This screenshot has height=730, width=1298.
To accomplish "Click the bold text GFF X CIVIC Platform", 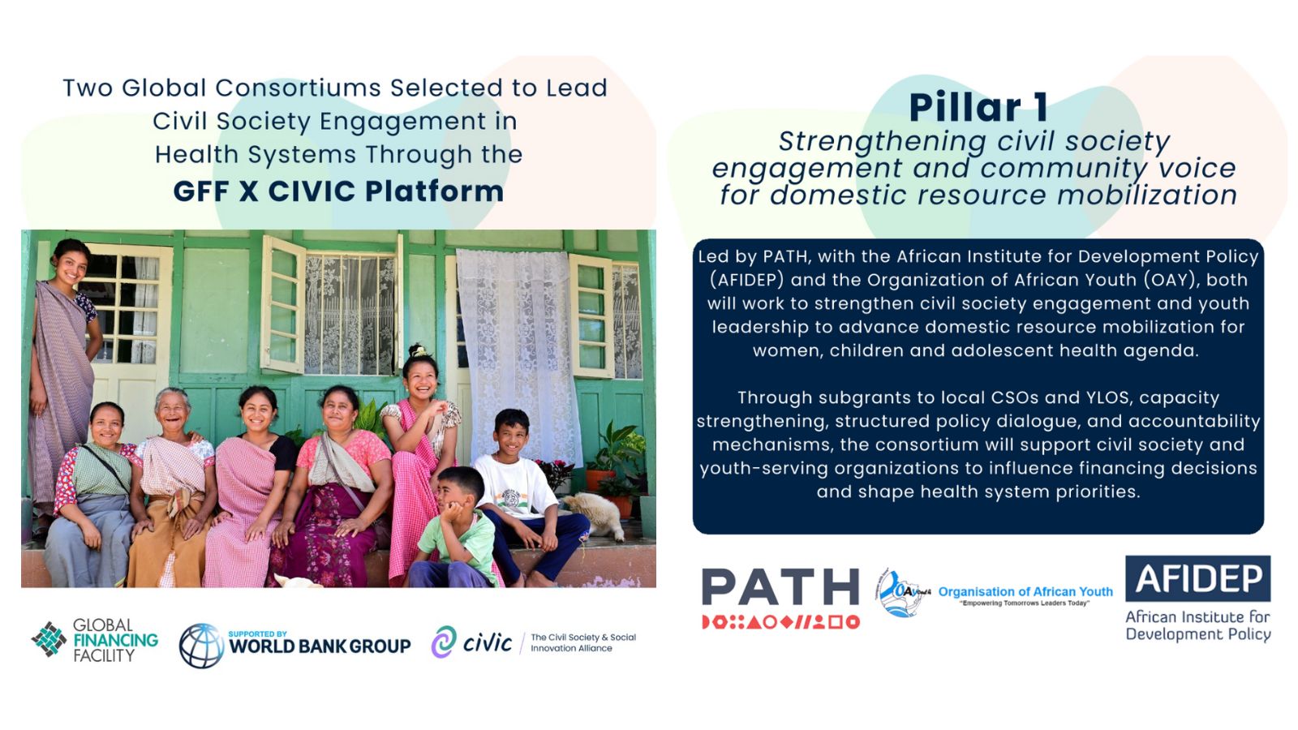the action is point(338,191).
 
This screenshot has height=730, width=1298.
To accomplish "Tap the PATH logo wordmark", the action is point(780,586).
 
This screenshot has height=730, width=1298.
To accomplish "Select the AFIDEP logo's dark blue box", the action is point(1197,578).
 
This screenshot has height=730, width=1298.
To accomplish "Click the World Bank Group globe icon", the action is point(201,646).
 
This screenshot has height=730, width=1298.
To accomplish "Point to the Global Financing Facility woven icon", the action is point(49,640).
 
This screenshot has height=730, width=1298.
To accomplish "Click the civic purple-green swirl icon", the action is point(444,642).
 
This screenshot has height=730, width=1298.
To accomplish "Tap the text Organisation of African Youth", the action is point(1025,591).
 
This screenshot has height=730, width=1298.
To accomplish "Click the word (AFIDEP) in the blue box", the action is point(747,280).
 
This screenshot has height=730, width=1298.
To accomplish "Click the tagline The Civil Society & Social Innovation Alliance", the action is point(583,642).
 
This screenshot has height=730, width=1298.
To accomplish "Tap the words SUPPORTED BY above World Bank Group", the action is point(257,633).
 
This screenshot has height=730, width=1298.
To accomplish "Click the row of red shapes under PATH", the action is point(780,622).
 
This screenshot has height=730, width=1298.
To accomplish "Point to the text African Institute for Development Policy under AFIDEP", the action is point(1197,625).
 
